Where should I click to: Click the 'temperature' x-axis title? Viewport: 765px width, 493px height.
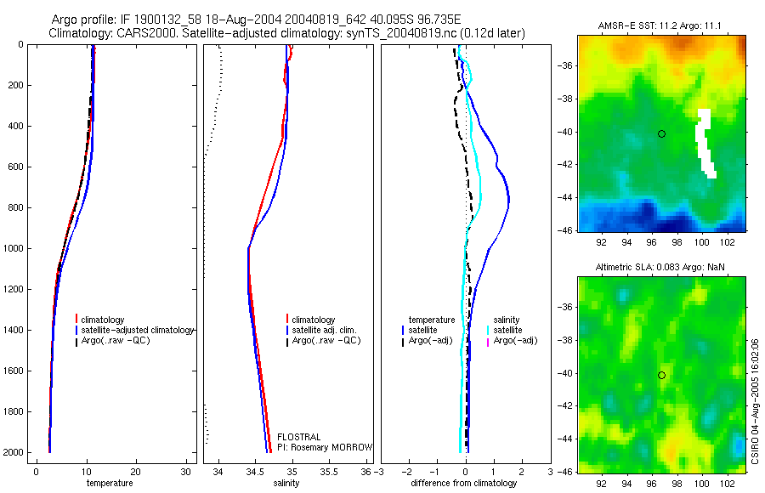[110, 483]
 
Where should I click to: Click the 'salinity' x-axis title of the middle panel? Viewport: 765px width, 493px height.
[286, 483]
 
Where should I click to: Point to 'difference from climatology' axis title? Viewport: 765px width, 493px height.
[464, 483]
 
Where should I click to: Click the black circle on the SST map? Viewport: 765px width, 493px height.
[661, 133]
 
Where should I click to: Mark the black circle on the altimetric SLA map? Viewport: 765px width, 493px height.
[661, 375]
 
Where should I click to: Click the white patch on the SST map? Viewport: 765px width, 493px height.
[704, 140]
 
